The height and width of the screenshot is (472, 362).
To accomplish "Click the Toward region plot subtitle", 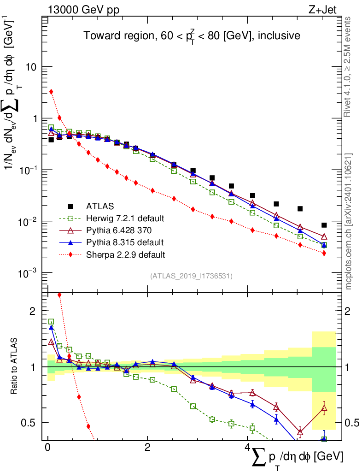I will tap(192, 35).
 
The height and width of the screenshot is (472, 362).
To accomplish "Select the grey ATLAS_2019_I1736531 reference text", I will tap(191, 276).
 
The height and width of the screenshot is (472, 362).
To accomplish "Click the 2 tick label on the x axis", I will tap(147, 448).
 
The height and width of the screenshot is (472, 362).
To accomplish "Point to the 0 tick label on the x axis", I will tap(48, 448).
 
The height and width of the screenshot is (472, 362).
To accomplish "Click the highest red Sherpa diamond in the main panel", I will tap(51, 92).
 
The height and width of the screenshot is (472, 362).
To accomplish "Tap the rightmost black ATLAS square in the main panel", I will tap(324, 225).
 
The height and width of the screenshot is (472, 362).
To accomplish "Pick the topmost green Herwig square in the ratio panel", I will tap(51, 322).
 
